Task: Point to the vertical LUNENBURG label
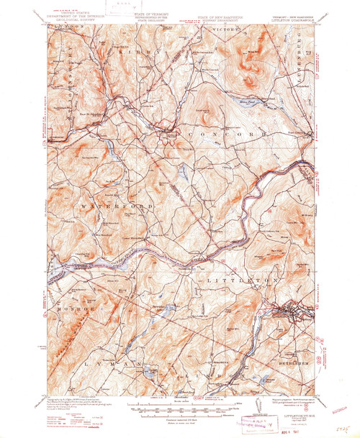tap(312, 51)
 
